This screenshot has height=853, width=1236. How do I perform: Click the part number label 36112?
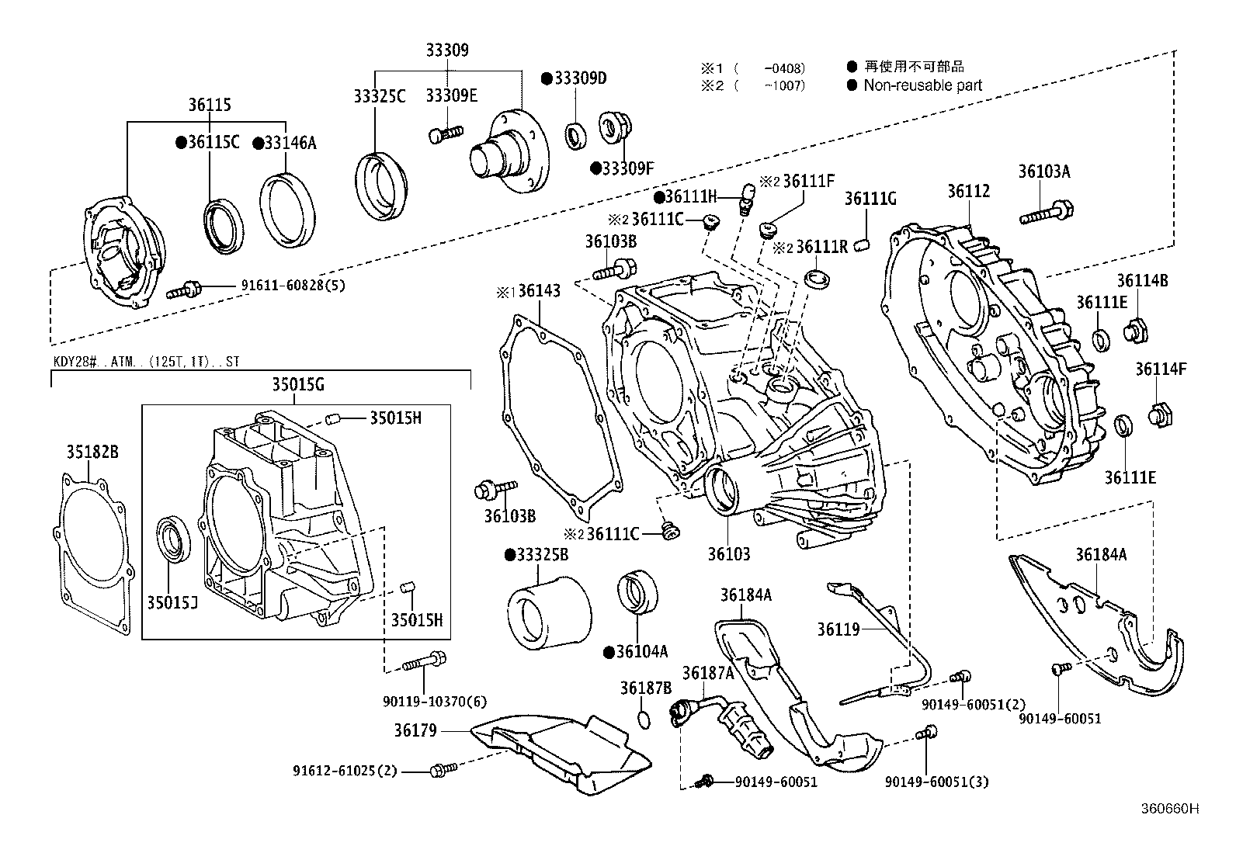pos(968,191)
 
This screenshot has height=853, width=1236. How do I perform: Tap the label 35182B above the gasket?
pos(92,452)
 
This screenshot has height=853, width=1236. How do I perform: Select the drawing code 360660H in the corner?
pos(1168,809)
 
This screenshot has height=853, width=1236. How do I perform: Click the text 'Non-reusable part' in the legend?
pos(922,85)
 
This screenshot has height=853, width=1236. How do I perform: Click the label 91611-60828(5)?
pos(293,285)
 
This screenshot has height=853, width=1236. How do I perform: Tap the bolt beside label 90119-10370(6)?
pos(425,662)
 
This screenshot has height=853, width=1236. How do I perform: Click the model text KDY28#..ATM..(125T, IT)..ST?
pos(147,362)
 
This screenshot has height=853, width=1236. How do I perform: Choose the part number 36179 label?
pos(415,730)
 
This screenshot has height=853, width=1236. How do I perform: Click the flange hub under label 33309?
pos(509,154)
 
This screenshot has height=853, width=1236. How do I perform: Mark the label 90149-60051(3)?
pos(936,782)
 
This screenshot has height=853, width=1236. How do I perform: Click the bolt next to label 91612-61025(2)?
pos(443,770)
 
